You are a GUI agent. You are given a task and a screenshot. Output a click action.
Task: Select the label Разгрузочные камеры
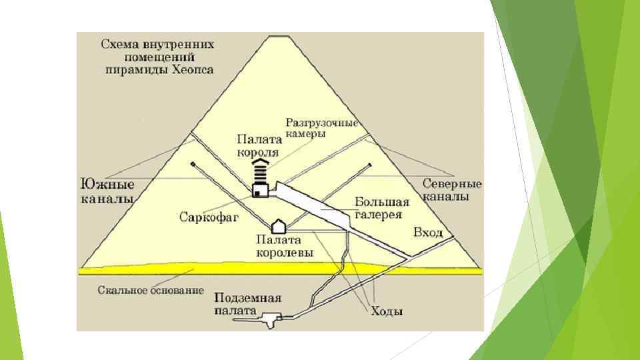[x=322, y=128]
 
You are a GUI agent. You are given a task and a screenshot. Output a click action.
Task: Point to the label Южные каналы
[x=107, y=191]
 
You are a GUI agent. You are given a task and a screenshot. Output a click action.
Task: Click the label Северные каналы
[x=453, y=191]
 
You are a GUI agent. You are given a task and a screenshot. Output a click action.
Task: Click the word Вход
[x=428, y=233]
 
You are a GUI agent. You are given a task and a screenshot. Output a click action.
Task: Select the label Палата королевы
[x=279, y=246]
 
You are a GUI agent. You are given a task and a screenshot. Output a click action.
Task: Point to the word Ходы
[x=387, y=311]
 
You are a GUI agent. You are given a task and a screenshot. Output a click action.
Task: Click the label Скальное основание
[x=150, y=291]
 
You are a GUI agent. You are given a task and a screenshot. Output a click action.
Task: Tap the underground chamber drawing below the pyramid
[x=270, y=321]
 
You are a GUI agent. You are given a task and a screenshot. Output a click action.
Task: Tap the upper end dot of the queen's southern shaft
[x=192, y=163]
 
